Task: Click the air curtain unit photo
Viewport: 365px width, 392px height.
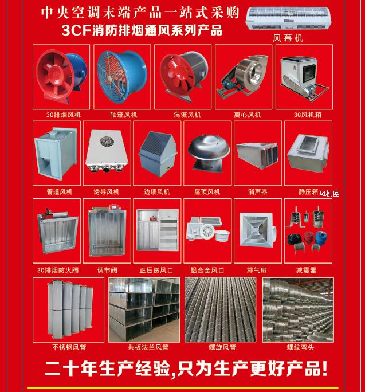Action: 288,18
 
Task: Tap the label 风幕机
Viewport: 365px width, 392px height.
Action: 288,38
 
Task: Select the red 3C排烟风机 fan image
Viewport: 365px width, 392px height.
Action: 61,77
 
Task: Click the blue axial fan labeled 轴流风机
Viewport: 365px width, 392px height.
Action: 122,77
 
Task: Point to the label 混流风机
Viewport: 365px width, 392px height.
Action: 187,115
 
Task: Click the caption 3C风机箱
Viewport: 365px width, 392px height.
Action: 308,115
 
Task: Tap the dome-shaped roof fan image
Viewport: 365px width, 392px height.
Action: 209,153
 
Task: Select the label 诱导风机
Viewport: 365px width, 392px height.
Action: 107,192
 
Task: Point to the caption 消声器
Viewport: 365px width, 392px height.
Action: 258,192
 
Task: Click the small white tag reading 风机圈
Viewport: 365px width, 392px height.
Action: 329,194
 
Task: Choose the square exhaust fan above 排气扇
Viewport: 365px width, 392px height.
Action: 257,229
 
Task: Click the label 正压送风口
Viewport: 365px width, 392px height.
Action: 156,271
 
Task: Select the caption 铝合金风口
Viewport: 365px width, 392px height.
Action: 207,271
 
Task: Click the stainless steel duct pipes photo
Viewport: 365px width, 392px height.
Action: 70,309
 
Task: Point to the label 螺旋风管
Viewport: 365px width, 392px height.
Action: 222,347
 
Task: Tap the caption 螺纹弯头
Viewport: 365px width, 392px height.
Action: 300,347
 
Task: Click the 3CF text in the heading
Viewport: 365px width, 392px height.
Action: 76,30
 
